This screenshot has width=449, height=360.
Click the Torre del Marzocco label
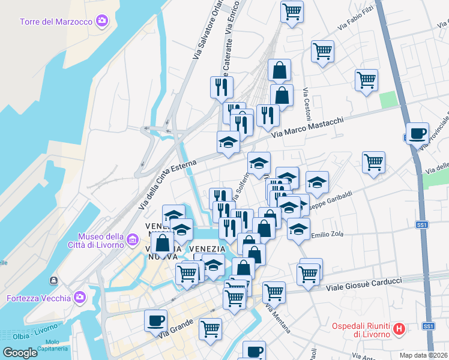pos(56,22)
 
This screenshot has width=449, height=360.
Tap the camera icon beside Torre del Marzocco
pos(102,22)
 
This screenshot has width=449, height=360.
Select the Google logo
pos(20,352)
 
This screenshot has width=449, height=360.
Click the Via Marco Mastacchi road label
pos(307,128)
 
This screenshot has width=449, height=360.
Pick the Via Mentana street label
pos(277,320)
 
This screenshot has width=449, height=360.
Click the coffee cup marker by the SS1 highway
pos(417,133)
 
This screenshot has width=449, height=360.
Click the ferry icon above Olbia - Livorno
pos(54,280)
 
